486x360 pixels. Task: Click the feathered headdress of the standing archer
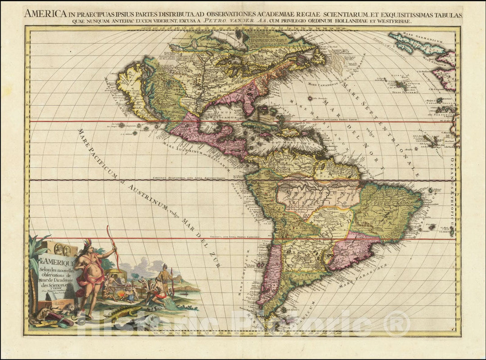coord(87,243)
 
